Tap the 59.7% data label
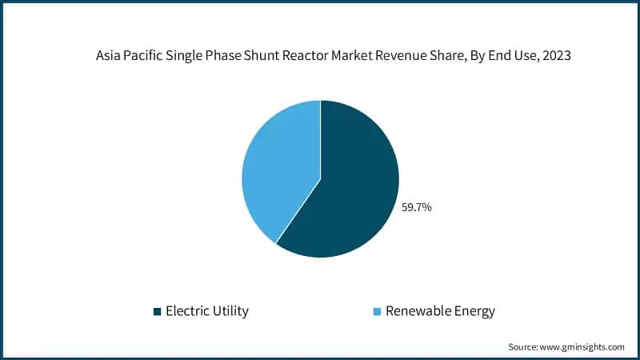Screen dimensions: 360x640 click(416, 207)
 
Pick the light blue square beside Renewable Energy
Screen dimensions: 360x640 click(377, 311)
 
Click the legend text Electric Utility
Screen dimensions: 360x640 click(206, 311)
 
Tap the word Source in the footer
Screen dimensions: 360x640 click(524, 346)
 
